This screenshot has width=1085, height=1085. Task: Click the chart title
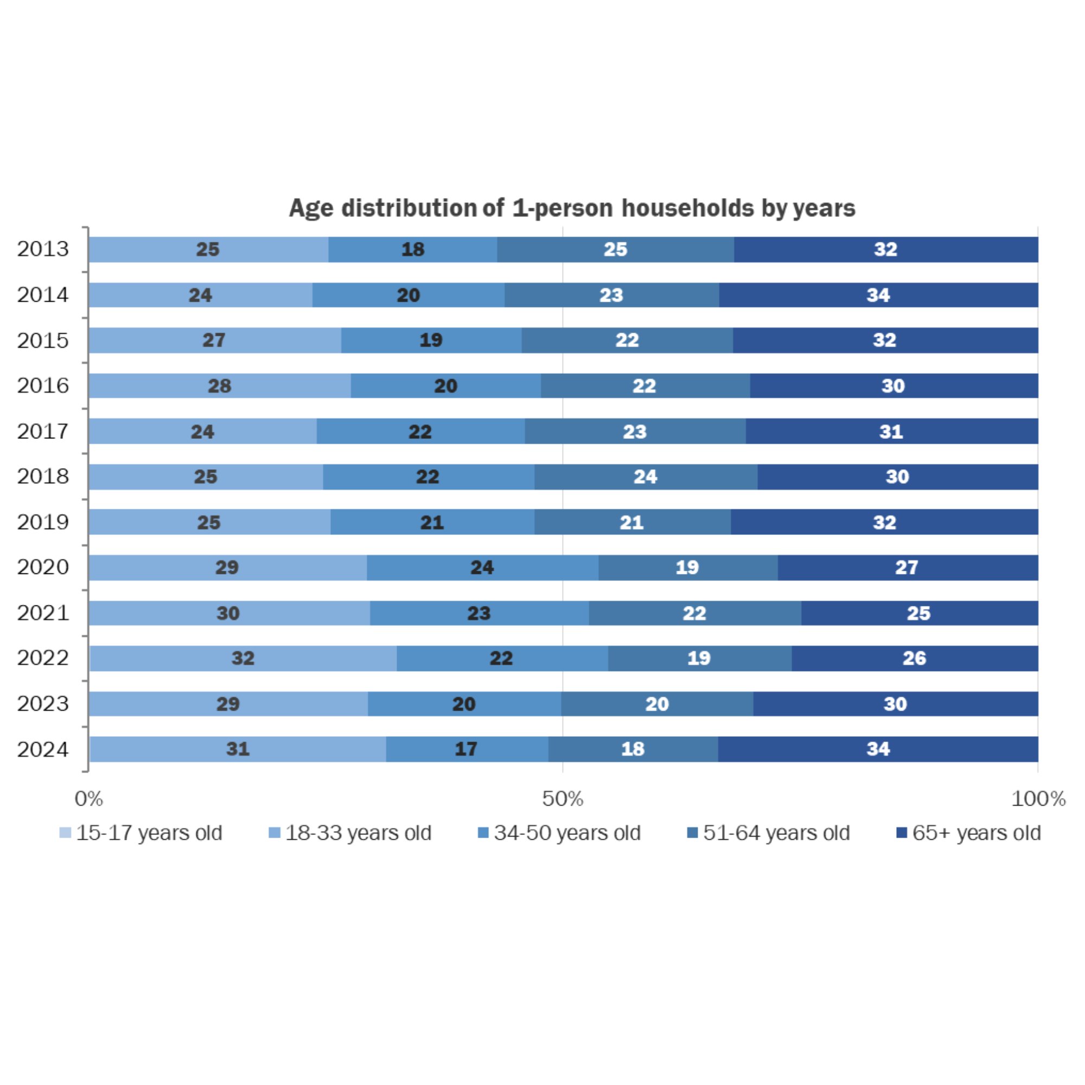(572, 208)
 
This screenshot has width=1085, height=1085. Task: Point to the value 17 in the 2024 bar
(466, 749)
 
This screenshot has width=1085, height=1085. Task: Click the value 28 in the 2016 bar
(220, 386)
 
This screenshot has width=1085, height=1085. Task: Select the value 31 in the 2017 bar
(891, 431)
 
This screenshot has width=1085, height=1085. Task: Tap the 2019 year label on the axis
(43, 522)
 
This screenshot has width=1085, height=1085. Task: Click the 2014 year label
(43, 295)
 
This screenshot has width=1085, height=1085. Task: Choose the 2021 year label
(43, 612)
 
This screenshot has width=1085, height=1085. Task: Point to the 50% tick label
(563, 799)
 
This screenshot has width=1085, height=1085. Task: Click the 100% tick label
(1038, 799)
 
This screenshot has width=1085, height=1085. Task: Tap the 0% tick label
(89, 799)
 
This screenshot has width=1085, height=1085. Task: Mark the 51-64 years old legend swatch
(692, 833)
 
